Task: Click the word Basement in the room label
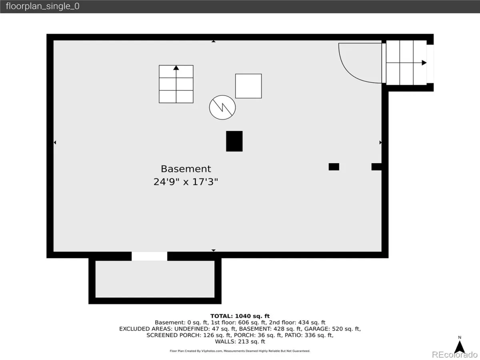tap(186, 169)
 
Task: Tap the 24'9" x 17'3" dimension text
tap(186, 182)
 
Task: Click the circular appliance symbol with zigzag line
tap(222, 107)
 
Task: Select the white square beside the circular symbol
tap(248, 86)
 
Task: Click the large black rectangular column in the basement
tap(234, 141)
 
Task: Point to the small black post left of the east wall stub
tap(334, 167)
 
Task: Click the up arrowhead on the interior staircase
tap(176, 68)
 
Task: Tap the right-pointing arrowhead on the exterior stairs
tap(424, 63)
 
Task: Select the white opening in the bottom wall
tap(149, 256)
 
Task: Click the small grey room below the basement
tap(155, 279)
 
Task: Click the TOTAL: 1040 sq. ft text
tap(240, 316)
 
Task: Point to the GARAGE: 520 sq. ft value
tap(332, 329)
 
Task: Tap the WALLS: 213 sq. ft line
tap(240, 342)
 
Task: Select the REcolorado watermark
tap(455, 354)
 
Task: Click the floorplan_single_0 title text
tap(43, 6)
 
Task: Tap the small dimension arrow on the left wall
tap(55, 142)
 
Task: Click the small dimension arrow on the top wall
tap(214, 41)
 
